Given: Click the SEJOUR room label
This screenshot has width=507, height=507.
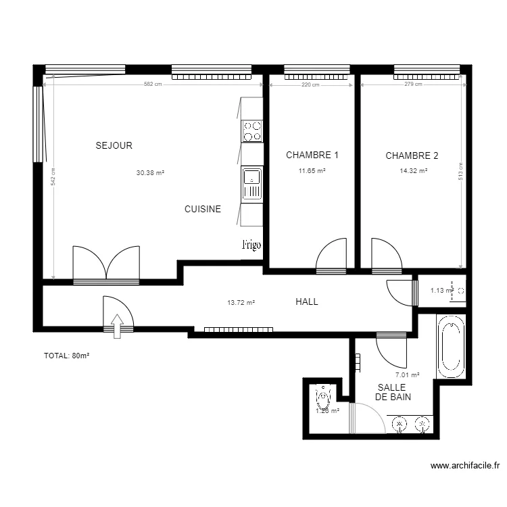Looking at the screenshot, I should point(114,145).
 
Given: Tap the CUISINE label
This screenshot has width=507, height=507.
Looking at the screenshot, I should point(203,210).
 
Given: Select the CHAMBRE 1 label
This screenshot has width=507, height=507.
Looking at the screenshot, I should point(312,155).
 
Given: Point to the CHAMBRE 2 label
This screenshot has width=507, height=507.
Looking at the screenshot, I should point(412,155).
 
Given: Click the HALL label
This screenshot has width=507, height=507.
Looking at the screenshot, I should point(306,302).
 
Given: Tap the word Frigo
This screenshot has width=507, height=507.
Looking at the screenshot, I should point(251,245).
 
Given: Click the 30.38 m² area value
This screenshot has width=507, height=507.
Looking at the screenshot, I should point(150,173).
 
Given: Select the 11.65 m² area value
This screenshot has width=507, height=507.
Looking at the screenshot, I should point(312,172).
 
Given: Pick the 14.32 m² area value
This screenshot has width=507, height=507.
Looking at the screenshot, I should point(413,172).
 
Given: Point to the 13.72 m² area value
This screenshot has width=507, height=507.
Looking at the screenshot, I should point(241,303).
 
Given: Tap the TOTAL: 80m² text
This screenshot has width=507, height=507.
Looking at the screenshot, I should point(67,356).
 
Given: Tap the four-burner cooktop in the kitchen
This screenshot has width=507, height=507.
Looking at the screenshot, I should point(252,131).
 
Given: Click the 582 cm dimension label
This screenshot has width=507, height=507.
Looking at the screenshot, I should point(153,84).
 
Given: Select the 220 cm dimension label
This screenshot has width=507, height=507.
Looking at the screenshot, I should point(310,84).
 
